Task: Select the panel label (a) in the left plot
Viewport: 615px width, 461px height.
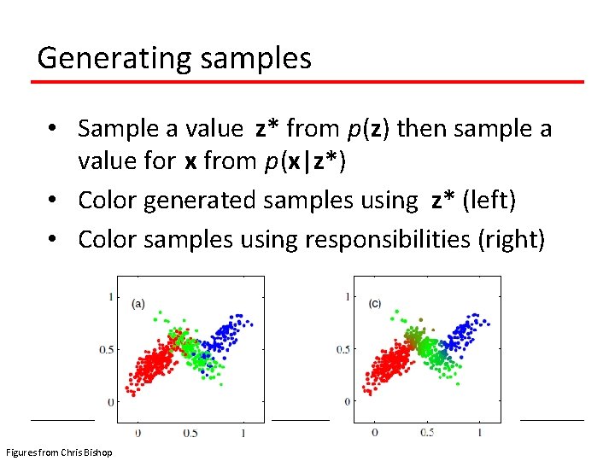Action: pyautogui.click(x=138, y=302)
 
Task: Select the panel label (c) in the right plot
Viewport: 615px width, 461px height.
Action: pyautogui.click(x=375, y=303)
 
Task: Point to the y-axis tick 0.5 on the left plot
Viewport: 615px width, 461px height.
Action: pyautogui.click(x=104, y=349)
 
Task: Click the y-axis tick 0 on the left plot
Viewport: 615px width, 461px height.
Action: pyautogui.click(x=110, y=401)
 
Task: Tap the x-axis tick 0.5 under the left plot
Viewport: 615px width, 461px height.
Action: pyautogui.click(x=190, y=434)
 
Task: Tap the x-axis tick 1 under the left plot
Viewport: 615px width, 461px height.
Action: pyautogui.click(x=243, y=434)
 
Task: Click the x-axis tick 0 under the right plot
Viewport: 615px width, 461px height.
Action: pyautogui.click(x=374, y=434)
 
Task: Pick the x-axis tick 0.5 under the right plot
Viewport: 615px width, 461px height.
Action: pyautogui.click(x=426, y=434)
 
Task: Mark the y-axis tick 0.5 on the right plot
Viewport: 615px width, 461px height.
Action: pyautogui.click(x=341, y=349)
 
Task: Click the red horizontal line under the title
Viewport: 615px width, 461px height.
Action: pyautogui.click(x=307, y=82)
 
